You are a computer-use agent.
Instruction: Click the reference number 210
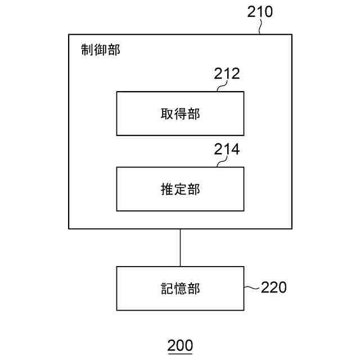coord(260,12)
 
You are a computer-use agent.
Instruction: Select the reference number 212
coord(227,74)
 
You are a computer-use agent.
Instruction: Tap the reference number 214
coord(227,150)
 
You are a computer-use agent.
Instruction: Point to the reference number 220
coord(273,287)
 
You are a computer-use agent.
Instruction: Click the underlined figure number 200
coord(180,345)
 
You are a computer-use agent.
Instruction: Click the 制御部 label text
coord(101,49)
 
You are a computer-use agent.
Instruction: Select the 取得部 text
coord(180,114)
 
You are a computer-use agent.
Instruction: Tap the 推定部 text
coord(180,190)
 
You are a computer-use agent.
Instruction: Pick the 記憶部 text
coord(180,289)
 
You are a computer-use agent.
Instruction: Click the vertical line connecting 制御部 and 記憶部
coord(180,247)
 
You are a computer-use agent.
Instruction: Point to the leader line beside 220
coord(251,288)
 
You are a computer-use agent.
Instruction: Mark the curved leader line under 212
coord(222,87)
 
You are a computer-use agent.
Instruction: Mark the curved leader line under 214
coord(222,163)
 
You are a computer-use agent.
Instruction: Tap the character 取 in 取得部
coord(167,114)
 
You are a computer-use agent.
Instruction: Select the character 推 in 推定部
coord(167,190)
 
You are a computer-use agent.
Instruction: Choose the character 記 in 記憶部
coord(167,289)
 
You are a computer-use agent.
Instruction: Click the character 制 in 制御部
coord(88,49)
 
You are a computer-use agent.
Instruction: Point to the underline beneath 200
coord(180,353)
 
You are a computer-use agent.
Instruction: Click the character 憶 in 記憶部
coord(180,289)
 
